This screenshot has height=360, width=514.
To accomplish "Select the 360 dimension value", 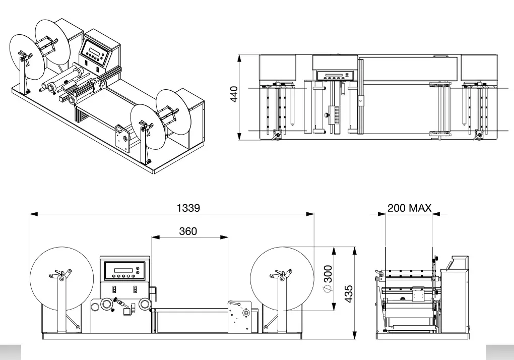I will pyautogui.click(x=188, y=231).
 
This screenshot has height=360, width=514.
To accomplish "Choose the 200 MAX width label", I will pyautogui.click(x=409, y=208).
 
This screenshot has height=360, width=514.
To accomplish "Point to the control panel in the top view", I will pyautogui.click(x=335, y=76).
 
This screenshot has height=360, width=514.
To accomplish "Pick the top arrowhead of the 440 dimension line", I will pyautogui.click(x=241, y=56).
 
